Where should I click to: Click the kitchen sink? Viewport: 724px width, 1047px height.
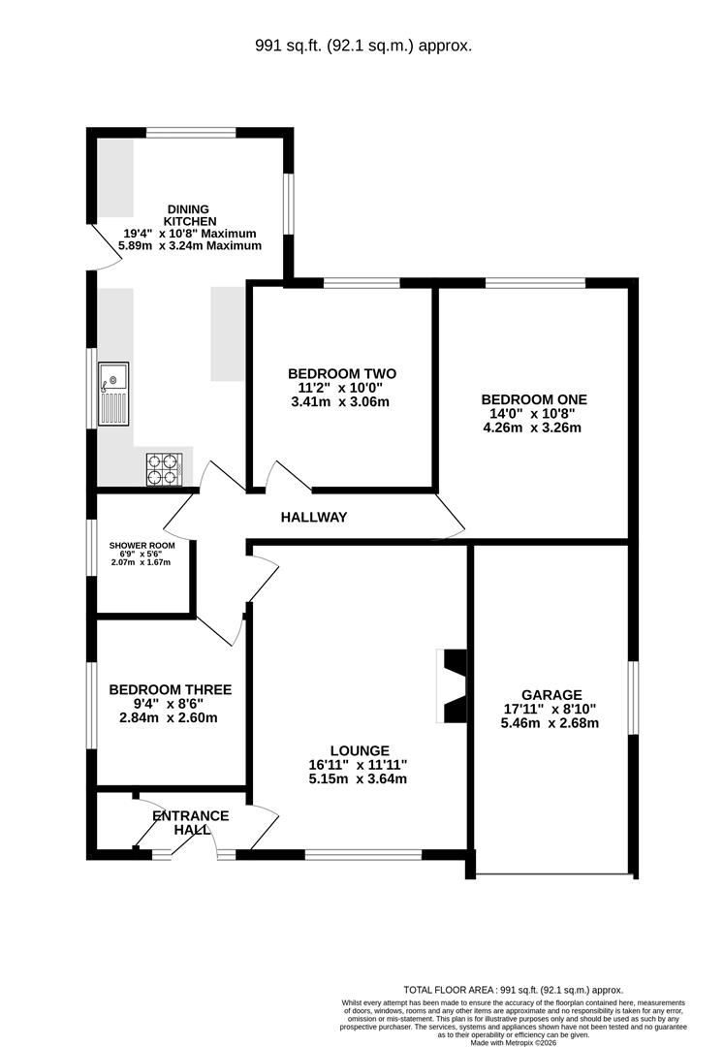click(x=113, y=394)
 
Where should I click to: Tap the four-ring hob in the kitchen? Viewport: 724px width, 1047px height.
click(x=164, y=469)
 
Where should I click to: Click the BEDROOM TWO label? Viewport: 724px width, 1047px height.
click(x=342, y=374)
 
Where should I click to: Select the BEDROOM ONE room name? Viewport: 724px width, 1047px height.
click(x=534, y=400)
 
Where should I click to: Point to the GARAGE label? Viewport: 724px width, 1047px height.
click(x=551, y=695)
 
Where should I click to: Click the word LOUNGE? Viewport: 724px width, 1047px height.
click(x=360, y=751)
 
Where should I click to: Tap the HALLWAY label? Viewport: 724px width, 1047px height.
click(x=314, y=517)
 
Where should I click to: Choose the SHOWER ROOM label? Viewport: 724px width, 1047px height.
click(x=142, y=546)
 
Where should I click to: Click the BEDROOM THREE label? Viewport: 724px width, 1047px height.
click(x=171, y=690)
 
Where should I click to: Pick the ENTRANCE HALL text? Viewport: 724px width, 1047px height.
click(x=191, y=823)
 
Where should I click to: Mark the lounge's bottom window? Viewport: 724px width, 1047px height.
click(x=363, y=854)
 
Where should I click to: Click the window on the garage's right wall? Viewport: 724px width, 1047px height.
click(x=633, y=698)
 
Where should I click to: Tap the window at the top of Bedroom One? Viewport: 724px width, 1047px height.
click(x=535, y=283)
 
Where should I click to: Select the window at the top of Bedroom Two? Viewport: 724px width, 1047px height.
click(x=362, y=283)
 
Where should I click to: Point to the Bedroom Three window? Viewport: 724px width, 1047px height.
click(x=92, y=705)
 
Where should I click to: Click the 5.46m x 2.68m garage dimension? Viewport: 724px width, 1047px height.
click(x=550, y=723)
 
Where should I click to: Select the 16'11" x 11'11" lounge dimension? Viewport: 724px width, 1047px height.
click(x=359, y=765)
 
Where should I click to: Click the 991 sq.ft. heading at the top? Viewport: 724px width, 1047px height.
click(x=363, y=47)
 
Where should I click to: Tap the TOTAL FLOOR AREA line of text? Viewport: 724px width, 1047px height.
click(x=513, y=990)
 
